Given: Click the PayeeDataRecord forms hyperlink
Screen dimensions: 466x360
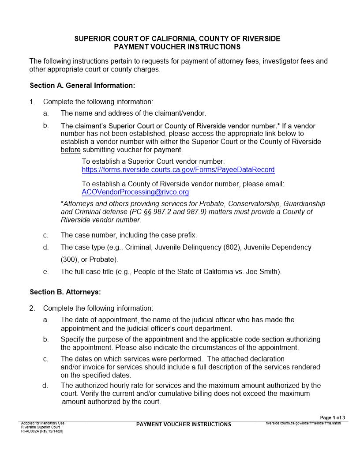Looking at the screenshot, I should click(x=178, y=170).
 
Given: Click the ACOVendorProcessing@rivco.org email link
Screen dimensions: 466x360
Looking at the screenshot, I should click(x=135, y=192).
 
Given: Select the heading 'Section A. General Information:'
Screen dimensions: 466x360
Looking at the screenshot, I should click(x=82, y=85).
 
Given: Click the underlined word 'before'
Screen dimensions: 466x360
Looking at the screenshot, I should click(x=70, y=150).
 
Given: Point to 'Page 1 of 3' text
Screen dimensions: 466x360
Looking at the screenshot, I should click(x=332, y=417).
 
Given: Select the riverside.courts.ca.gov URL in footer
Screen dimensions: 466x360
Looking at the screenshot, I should click(x=303, y=423).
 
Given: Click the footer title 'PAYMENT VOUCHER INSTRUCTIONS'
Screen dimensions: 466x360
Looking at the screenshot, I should click(x=184, y=425).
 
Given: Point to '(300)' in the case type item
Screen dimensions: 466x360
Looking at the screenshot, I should click(x=69, y=259).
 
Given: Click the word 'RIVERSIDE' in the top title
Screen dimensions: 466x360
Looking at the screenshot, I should click(x=261, y=39).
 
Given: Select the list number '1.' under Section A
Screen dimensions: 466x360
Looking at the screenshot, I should click(x=32, y=102).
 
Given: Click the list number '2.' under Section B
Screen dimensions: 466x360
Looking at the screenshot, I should click(x=32, y=308).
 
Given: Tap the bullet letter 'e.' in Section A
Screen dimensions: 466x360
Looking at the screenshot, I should click(x=46, y=272).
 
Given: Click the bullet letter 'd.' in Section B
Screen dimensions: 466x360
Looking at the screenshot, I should click(x=45, y=386).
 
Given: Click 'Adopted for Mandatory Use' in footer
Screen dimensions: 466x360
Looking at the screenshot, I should click(x=42, y=423).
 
